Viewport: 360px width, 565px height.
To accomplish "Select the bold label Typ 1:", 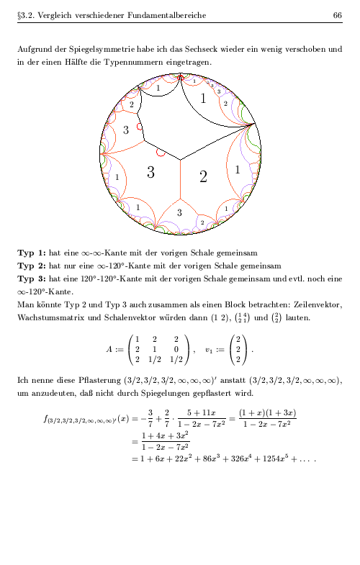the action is coord(32,253).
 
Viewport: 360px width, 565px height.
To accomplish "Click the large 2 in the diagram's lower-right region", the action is coord(203,176).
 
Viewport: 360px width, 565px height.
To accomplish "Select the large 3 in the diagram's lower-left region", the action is coord(150,172).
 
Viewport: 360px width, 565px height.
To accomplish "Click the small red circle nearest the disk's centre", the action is coord(161,152).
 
